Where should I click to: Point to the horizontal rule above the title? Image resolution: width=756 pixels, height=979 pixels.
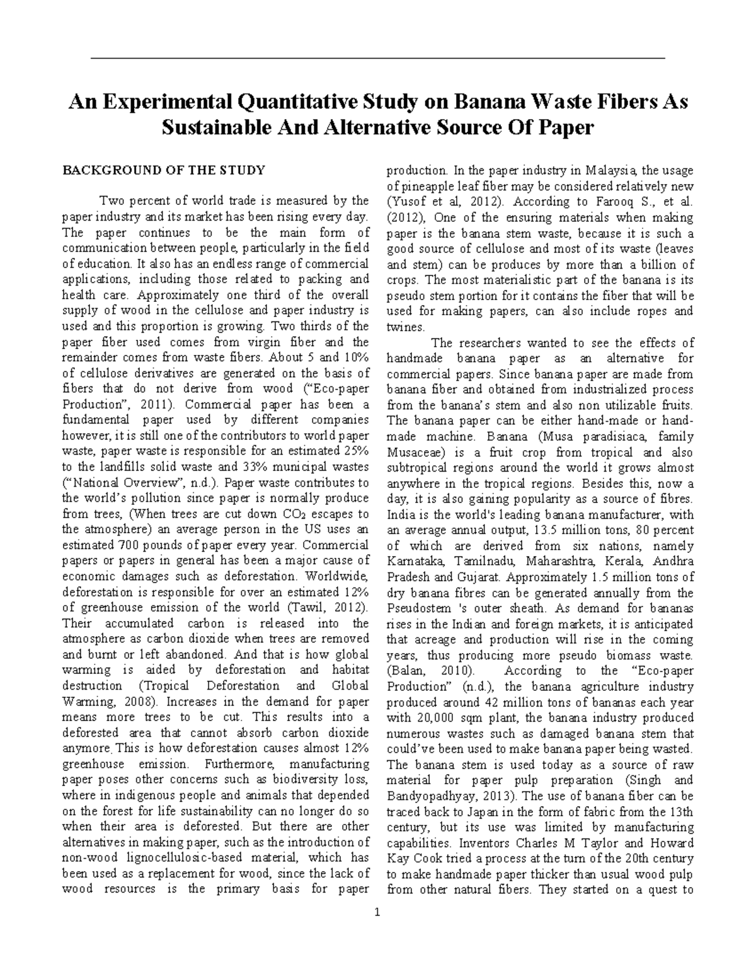point(378,58)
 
